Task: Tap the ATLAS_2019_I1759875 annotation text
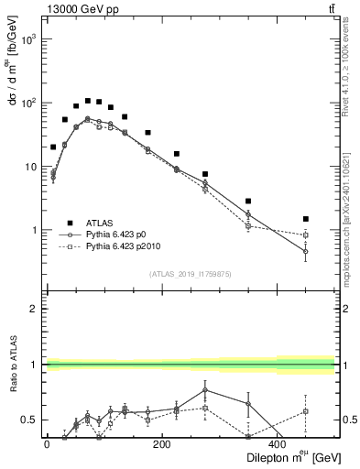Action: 190,273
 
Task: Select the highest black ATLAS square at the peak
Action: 88,101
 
